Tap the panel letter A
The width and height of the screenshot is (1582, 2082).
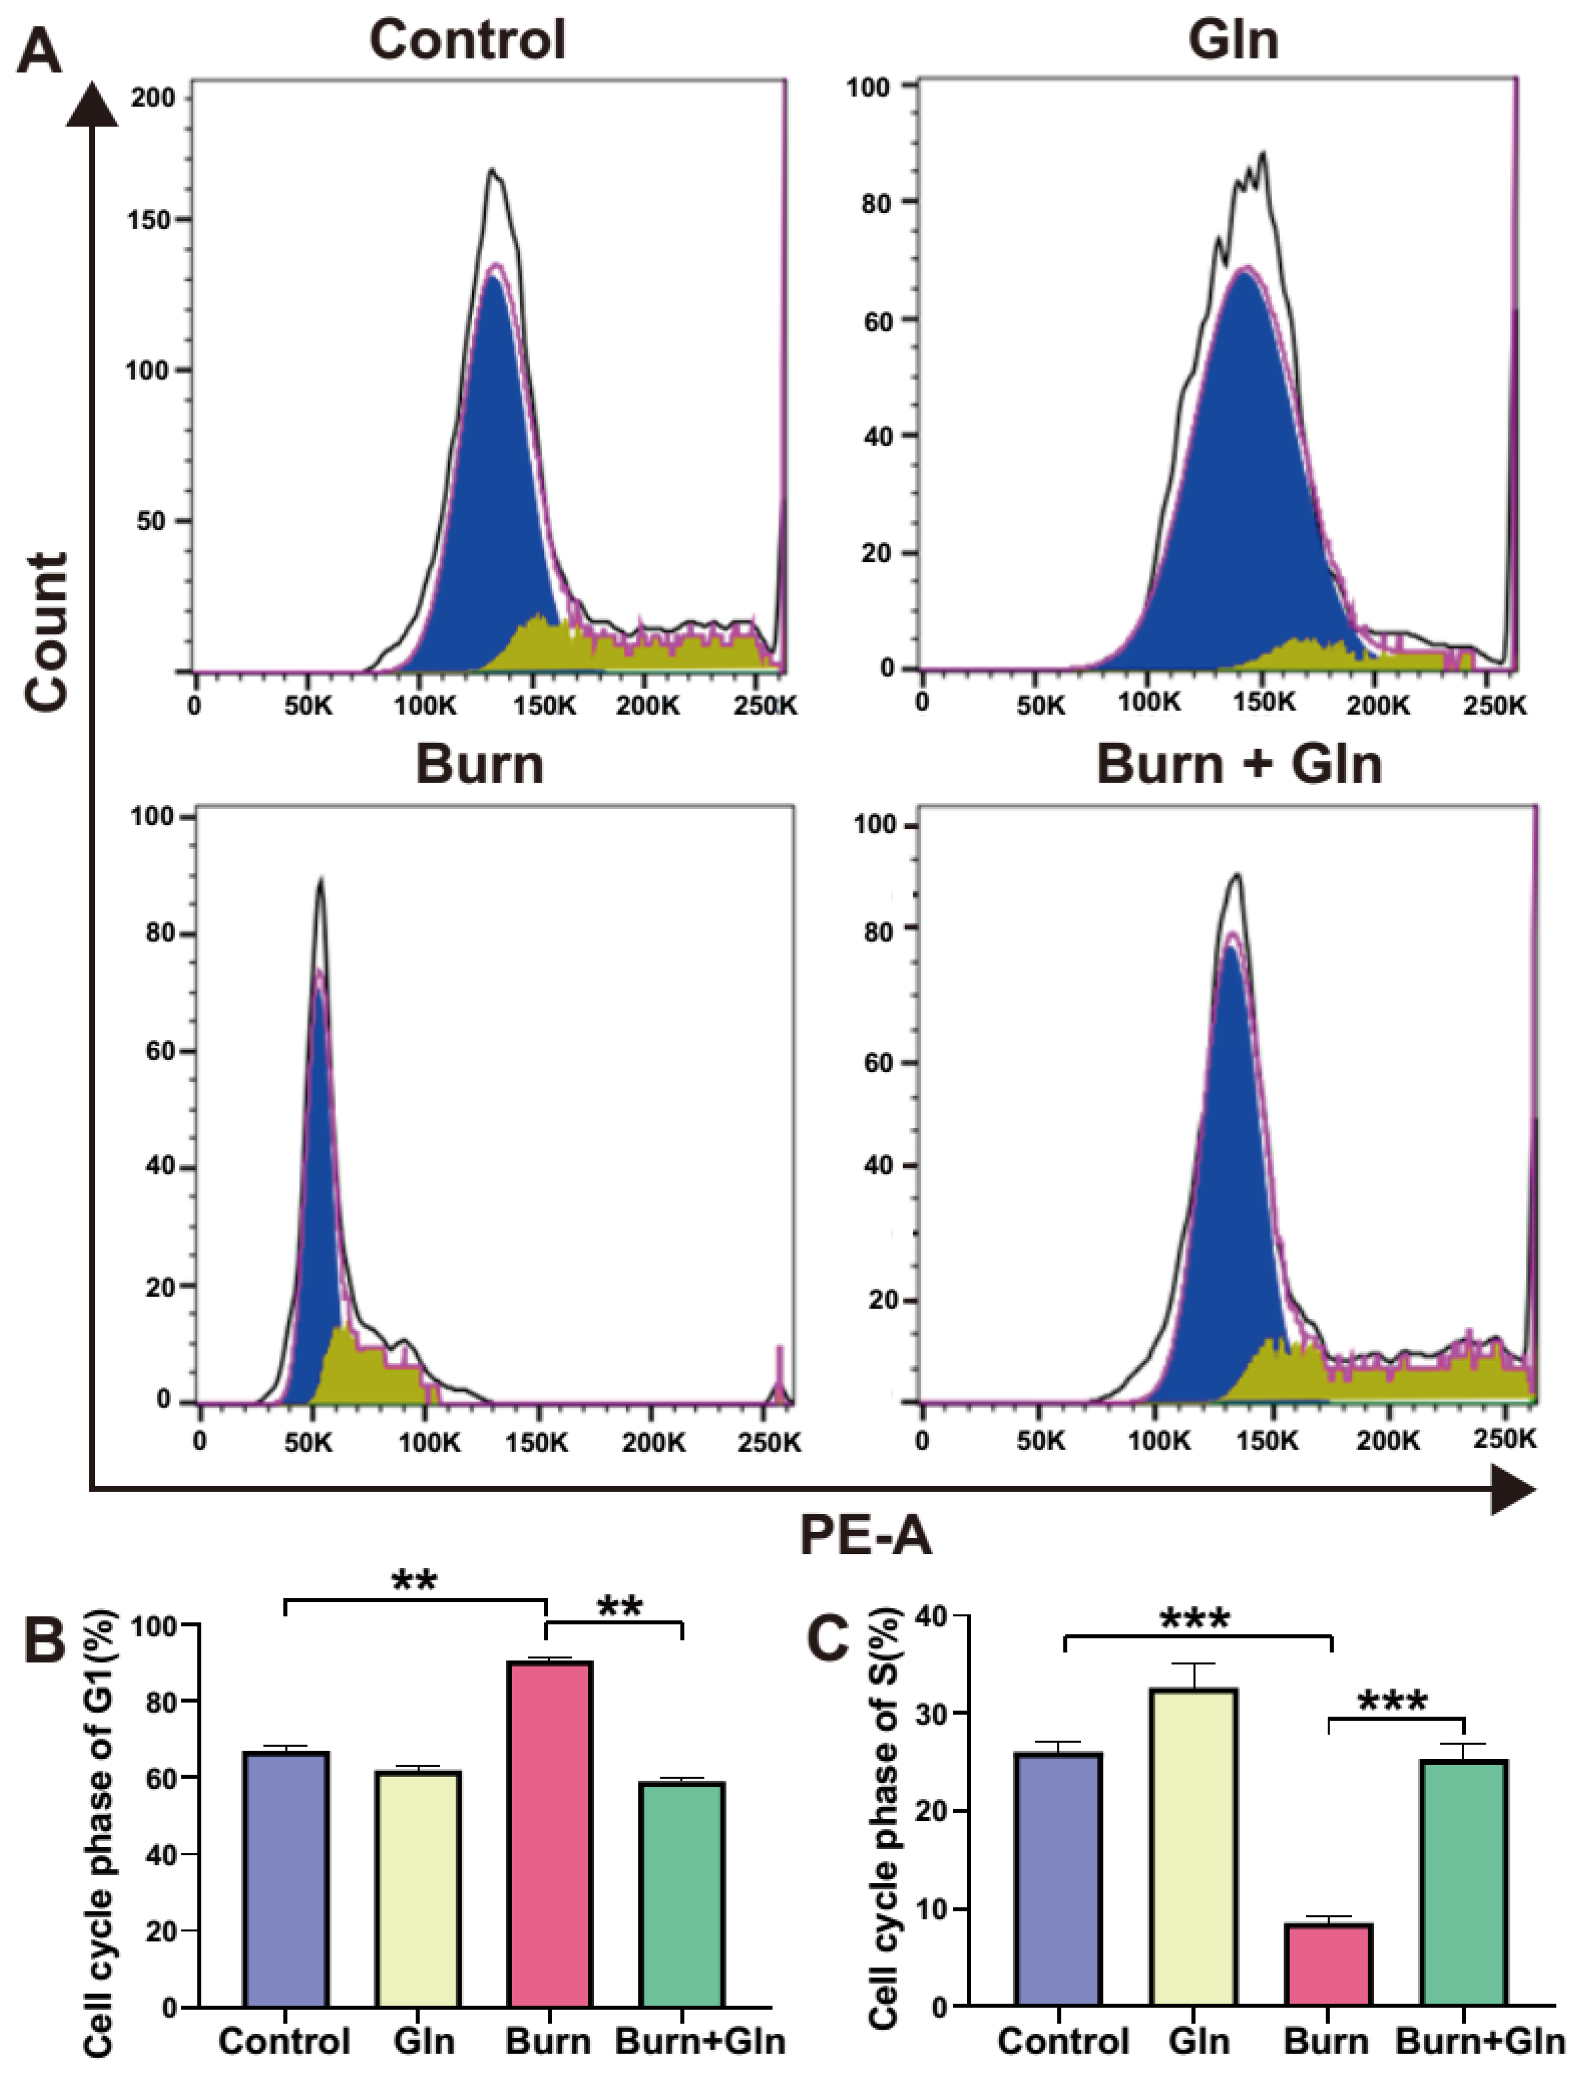(40, 52)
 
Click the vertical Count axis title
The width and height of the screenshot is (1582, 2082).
(47, 631)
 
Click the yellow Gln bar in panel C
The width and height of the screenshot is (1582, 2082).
(1194, 1847)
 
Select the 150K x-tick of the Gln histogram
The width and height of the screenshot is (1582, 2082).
(1264, 703)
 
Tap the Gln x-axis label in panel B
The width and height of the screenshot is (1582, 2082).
(424, 2041)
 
